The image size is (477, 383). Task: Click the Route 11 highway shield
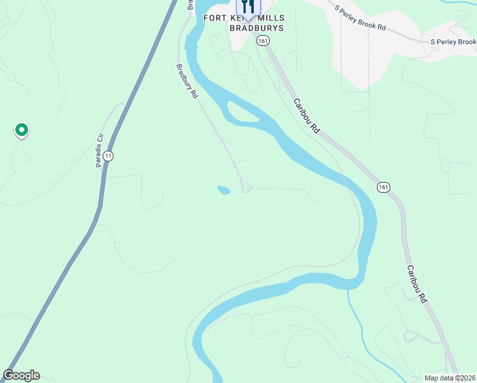[x=108, y=156]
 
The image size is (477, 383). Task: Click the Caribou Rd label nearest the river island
[x=306, y=116]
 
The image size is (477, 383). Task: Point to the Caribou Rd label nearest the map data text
[x=415, y=283]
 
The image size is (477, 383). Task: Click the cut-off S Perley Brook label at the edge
[x=453, y=42]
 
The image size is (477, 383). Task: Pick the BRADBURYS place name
[x=256, y=28]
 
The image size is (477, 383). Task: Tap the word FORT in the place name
[x=215, y=18]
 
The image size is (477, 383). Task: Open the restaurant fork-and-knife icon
[x=249, y=6]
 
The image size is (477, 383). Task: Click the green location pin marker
[x=21, y=130]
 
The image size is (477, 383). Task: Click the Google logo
[x=21, y=375]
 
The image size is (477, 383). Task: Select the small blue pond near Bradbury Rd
[x=223, y=190]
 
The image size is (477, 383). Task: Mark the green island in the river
[x=243, y=114]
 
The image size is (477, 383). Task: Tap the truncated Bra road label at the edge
[x=190, y=4]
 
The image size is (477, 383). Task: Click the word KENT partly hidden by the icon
[x=234, y=18]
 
